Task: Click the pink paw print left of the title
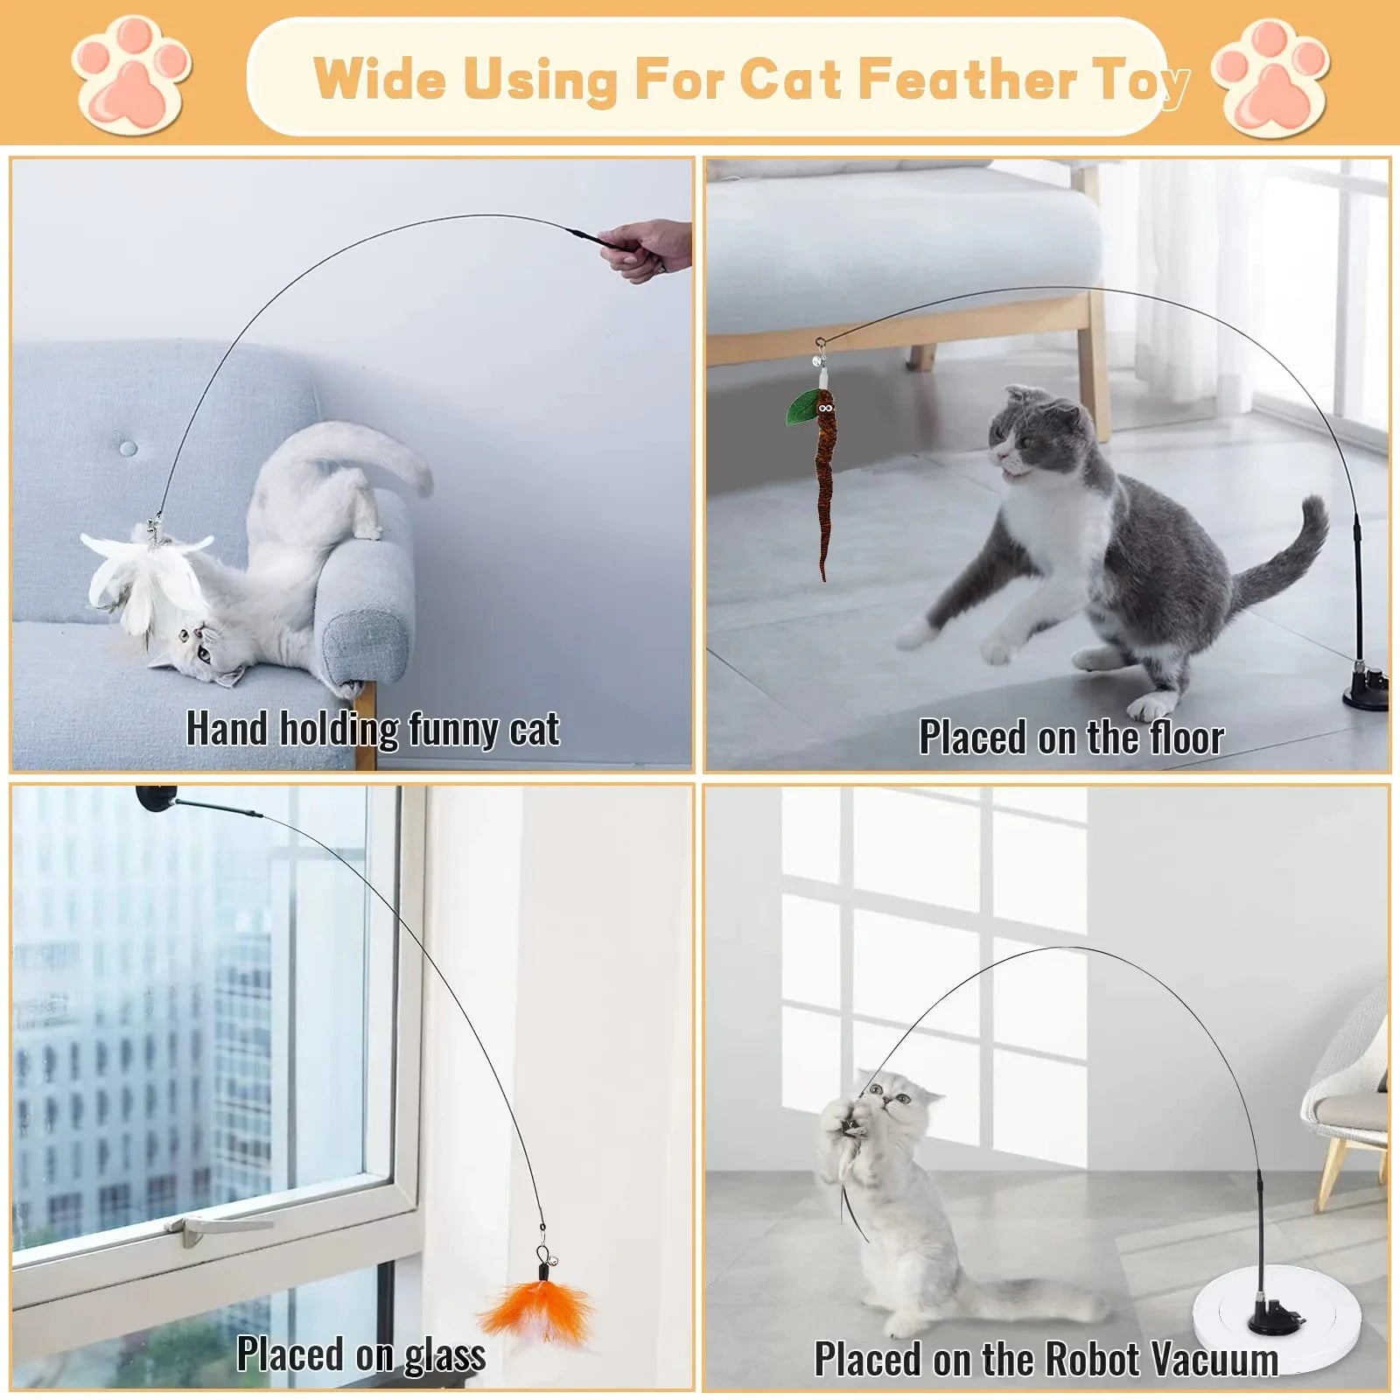(x=131, y=77)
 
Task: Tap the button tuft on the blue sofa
(x=129, y=448)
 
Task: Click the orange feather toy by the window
(x=523, y=1312)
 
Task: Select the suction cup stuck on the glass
(x=156, y=797)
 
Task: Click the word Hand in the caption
(x=226, y=729)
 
